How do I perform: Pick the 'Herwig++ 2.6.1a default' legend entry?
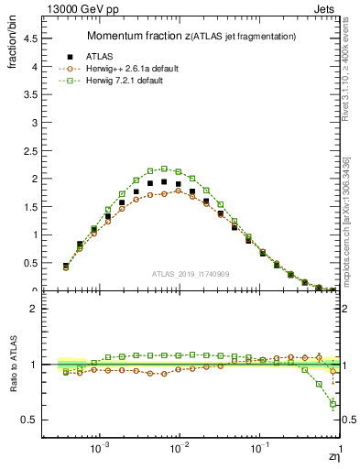point(138,68)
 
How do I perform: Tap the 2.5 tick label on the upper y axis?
point(30,151)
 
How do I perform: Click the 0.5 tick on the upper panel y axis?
point(30,263)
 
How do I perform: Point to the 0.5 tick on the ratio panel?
point(30,420)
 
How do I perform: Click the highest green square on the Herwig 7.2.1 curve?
point(164,169)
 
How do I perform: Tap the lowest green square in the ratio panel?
point(333,404)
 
